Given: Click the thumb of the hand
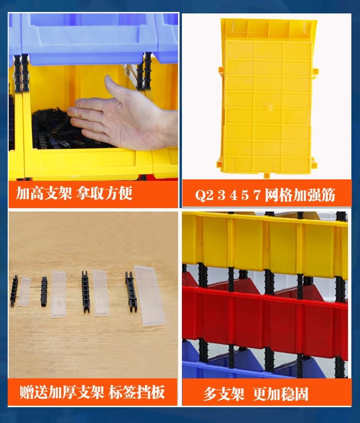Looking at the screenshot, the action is pos(113,88).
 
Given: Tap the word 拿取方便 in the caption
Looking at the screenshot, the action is pos(104,193).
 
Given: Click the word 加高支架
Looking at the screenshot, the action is pos(44,193).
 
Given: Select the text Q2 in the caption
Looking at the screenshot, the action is pos(204,195).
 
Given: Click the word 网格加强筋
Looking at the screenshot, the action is pos(300,195).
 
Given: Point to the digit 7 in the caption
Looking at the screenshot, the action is pos(257,195).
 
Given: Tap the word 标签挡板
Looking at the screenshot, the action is pos(137,392).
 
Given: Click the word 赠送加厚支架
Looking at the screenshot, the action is pos(61,392).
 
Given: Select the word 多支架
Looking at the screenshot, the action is pos(224,394).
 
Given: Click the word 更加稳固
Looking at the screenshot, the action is pos(281,394).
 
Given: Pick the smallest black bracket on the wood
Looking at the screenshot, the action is pos(14,291).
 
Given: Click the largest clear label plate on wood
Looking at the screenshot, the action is pos(150,295).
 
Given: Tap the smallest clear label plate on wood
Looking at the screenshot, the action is pos(24,292).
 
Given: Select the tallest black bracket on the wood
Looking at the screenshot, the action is pos(131,292).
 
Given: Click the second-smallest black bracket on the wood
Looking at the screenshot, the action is pos(44,292).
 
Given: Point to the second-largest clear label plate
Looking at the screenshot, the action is pos(101,293).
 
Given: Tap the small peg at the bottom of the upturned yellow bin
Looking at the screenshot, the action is pos(266,176).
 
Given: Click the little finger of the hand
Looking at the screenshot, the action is pos(92,135).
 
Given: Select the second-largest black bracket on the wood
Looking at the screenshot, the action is pos(86,292).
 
